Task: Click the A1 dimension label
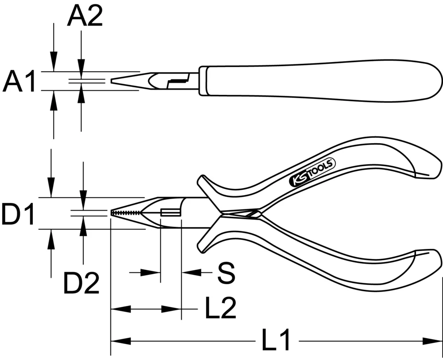(x=19, y=82)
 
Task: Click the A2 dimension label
(x=85, y=17)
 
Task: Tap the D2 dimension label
(x=81, y=284)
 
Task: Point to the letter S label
(x=225, y=274)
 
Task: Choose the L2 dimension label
(x=220, y=309)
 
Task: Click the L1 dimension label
(x=275, y=341)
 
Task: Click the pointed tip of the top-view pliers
(x=113, y=81)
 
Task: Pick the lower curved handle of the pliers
(x=328, y=266)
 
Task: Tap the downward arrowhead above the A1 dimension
(x=54, y=62)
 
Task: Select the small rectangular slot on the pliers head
(x=170, y=213)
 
